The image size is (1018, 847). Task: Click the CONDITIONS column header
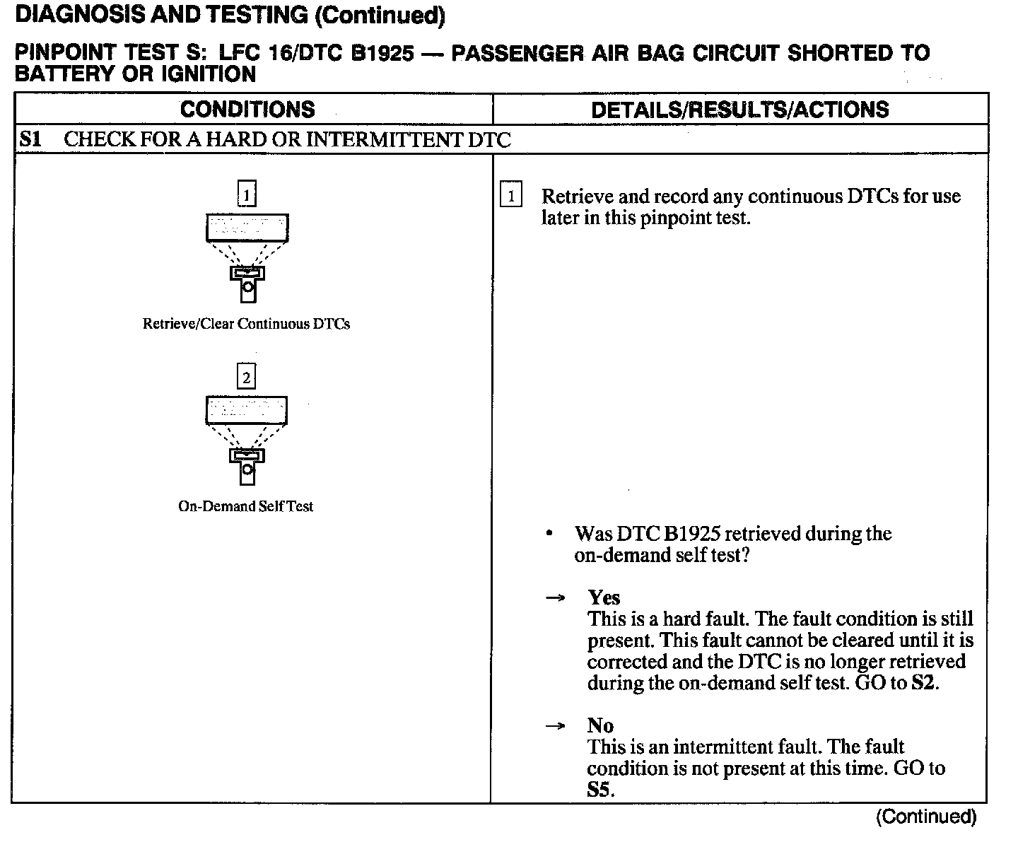(x=247, y=109)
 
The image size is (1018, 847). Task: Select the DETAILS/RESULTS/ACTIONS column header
(x=739, y=109)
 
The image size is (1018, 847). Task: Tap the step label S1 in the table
(x=30, y=139)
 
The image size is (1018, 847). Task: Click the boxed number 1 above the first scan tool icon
(x=246, y=194)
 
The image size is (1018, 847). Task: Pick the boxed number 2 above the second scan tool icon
(x=246, y=377)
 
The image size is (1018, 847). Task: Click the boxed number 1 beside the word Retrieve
(x=510, y=196)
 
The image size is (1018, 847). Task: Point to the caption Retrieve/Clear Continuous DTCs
(x=246, y=324)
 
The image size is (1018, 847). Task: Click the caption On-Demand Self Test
(x=245, y=506)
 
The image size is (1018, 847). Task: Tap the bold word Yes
(x=604, y=597)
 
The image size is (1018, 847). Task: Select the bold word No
(x=600, y=725)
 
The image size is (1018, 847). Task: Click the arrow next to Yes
(x=556, y=598)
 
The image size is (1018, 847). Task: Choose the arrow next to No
(x=556, y=726)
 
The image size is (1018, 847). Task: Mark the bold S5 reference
(x=599, y=790)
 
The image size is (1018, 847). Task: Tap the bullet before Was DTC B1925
(x=549, y=534)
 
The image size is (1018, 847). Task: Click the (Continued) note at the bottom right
(x=926, y=817)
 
